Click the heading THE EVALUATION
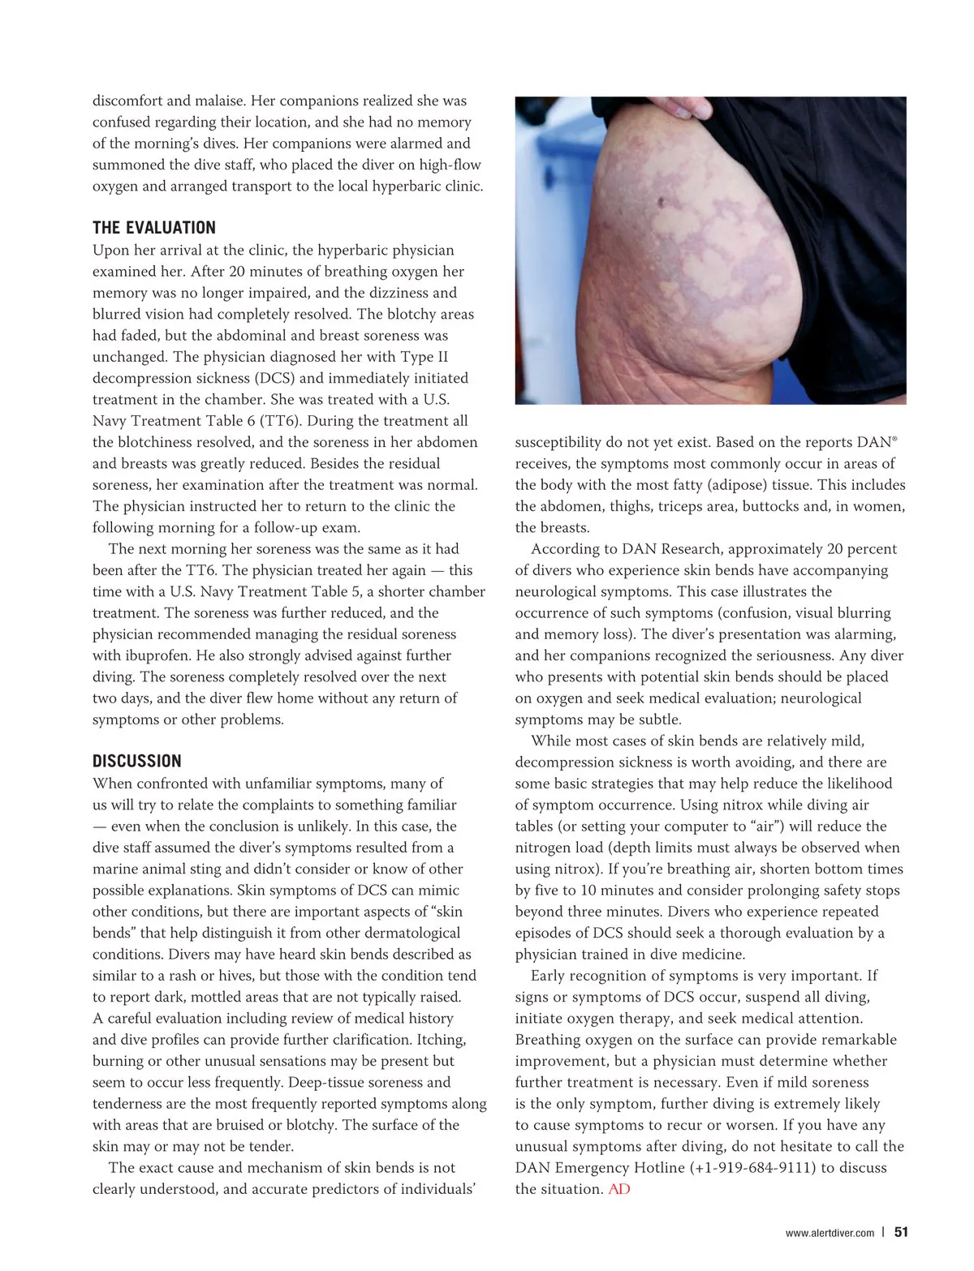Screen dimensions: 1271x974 click(154, 228)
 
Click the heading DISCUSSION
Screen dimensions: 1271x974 click(137, 762)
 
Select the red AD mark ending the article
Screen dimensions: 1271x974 click(619, 1189)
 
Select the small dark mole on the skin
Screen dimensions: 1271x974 click(662, 201)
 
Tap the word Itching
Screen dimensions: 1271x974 click(442, 1040)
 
